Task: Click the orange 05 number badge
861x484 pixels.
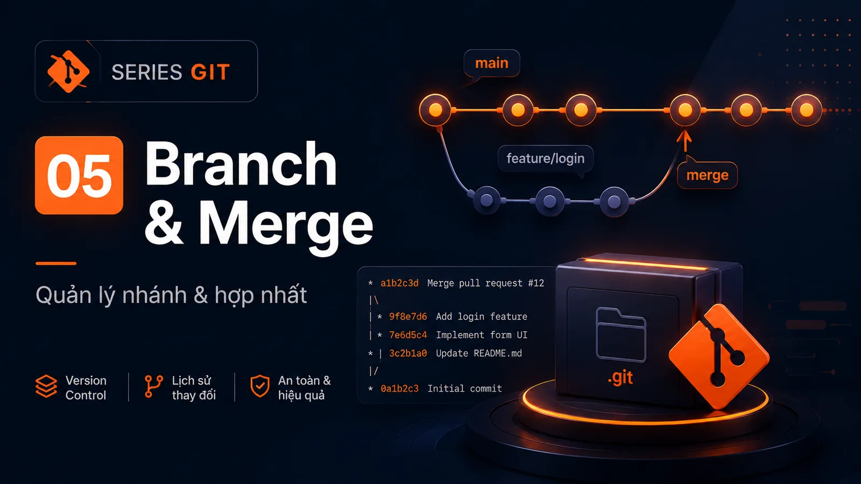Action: pos(79,175)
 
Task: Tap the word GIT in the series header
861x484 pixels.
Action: pos(210,72)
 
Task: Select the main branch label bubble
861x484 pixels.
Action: pos(492,63)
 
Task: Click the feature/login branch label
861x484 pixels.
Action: pos(546,158)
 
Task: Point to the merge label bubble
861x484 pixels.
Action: pos(707,175)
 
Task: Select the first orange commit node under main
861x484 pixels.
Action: pos(435,110)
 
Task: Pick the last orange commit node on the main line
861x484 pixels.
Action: pos(807,110)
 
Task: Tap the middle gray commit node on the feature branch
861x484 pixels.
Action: pos(549,201)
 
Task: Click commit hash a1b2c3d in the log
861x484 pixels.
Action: pos(399,283)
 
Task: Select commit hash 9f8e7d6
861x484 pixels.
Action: pos(408,317)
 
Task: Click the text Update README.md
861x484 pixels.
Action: pos(479,353)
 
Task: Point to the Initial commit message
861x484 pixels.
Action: pos(465,389)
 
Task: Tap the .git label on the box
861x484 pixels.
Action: pos(620,378)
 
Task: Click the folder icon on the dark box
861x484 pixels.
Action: pos(621,334)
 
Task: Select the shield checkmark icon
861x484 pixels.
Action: pos(260,386)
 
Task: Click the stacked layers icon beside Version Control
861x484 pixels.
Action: pos(46,386)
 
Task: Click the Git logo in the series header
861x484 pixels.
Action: pos(68,72)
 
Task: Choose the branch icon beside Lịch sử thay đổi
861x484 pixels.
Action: pos(154,387)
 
